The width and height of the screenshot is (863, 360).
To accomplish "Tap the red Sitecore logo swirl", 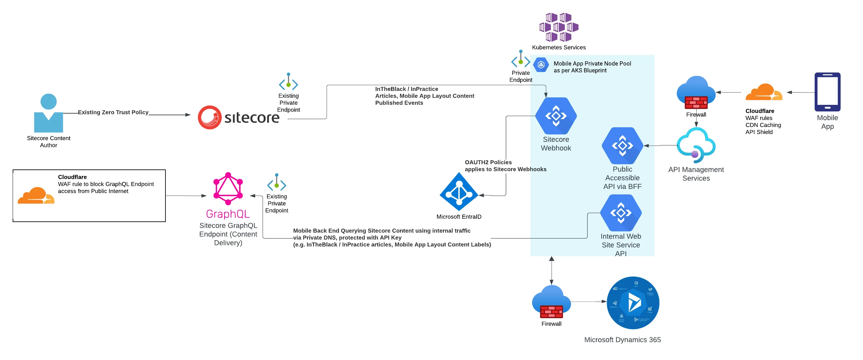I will [x=210, y=117].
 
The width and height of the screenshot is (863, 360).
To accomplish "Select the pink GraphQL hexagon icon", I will [x=228, y=189].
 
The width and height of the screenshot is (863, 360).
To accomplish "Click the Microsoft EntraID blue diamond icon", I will [x=459, y=192].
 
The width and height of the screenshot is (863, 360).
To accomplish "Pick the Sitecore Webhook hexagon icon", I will [x=556, y=116].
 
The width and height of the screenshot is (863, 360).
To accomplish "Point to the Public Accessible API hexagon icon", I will [x=622, y=146].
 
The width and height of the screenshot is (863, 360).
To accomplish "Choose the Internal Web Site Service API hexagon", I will [x=620, y=213].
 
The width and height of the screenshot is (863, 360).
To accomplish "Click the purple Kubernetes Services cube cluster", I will [x=558, y=27].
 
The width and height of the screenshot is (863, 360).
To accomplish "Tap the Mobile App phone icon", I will [x=827, y=92].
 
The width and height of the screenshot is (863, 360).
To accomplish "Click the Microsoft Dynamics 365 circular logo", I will [x=633, y=303].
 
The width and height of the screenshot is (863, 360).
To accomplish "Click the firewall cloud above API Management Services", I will [x=696, y=93].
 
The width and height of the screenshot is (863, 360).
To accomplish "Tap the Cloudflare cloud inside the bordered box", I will [x=36, y=196].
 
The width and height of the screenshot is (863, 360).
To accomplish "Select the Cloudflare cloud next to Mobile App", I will [x=763, y=93].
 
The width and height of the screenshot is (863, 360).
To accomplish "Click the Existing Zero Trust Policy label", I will [x=113, y=112].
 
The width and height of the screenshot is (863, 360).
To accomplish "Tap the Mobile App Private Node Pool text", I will [x=592, y=67].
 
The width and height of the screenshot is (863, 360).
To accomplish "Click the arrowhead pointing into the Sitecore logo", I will [x=188, y=115].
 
